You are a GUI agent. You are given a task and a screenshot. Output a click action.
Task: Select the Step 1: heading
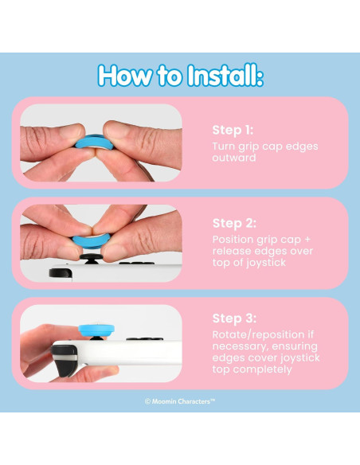(233, 131)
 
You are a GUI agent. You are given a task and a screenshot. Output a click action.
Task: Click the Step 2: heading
(234, 223)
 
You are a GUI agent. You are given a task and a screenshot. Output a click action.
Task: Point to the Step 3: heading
(234, 318)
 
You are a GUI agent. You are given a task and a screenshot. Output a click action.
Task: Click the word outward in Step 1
(234, 158)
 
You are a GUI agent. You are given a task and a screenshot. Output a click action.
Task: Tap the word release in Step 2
(231, 251)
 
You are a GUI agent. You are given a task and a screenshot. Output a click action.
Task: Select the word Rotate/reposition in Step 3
(258, 334)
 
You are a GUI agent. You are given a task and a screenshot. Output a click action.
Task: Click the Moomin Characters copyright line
(180, 401)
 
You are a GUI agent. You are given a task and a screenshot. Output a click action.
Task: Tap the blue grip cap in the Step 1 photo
(94, 142)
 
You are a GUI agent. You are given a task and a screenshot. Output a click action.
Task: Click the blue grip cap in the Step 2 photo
(91, 240)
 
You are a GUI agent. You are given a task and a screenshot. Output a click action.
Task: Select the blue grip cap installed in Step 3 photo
(96, 330)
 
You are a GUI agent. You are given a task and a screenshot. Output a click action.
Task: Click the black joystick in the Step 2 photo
(91, 259)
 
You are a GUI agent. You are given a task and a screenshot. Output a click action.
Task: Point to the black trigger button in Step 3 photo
(65, 361)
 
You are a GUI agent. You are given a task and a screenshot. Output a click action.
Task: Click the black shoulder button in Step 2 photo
(61, 273)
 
